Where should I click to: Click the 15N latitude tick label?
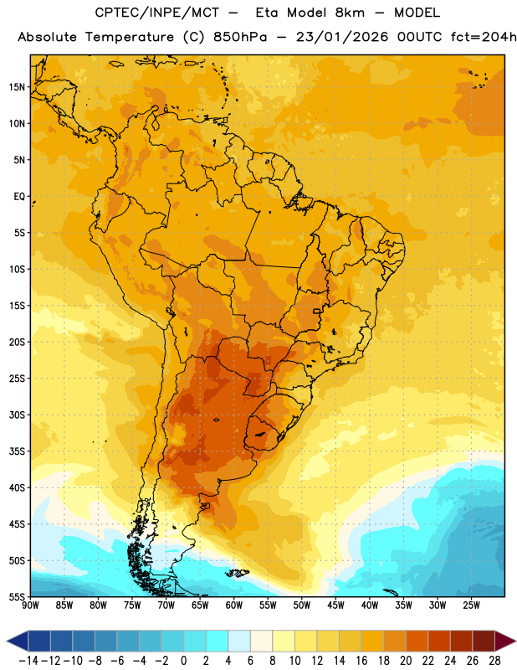[17, 87]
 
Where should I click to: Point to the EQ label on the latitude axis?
[19, 197]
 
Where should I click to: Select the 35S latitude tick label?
[17, 451]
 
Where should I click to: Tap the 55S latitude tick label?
[17, 596]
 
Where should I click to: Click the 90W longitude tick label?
[30, 606]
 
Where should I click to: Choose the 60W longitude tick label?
[234, 606]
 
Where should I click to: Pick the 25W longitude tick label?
[471, 606]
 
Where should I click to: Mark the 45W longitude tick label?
[335, 606]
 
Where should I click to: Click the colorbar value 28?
[494, 661]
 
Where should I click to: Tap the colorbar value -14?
[28, 661]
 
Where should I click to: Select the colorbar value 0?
[183, 661]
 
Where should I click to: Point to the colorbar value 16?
[361, 661]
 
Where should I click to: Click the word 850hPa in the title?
[240, 37]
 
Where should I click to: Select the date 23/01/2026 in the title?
[342, 37]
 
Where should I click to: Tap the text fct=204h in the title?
[484, 37]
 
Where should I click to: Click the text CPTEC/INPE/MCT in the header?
[156, 13]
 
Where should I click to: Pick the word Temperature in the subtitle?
[130, 38]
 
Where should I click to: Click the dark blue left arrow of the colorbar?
[18, 641]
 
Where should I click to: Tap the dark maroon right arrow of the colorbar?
[505, 641]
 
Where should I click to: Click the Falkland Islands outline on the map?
[237, 573]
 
